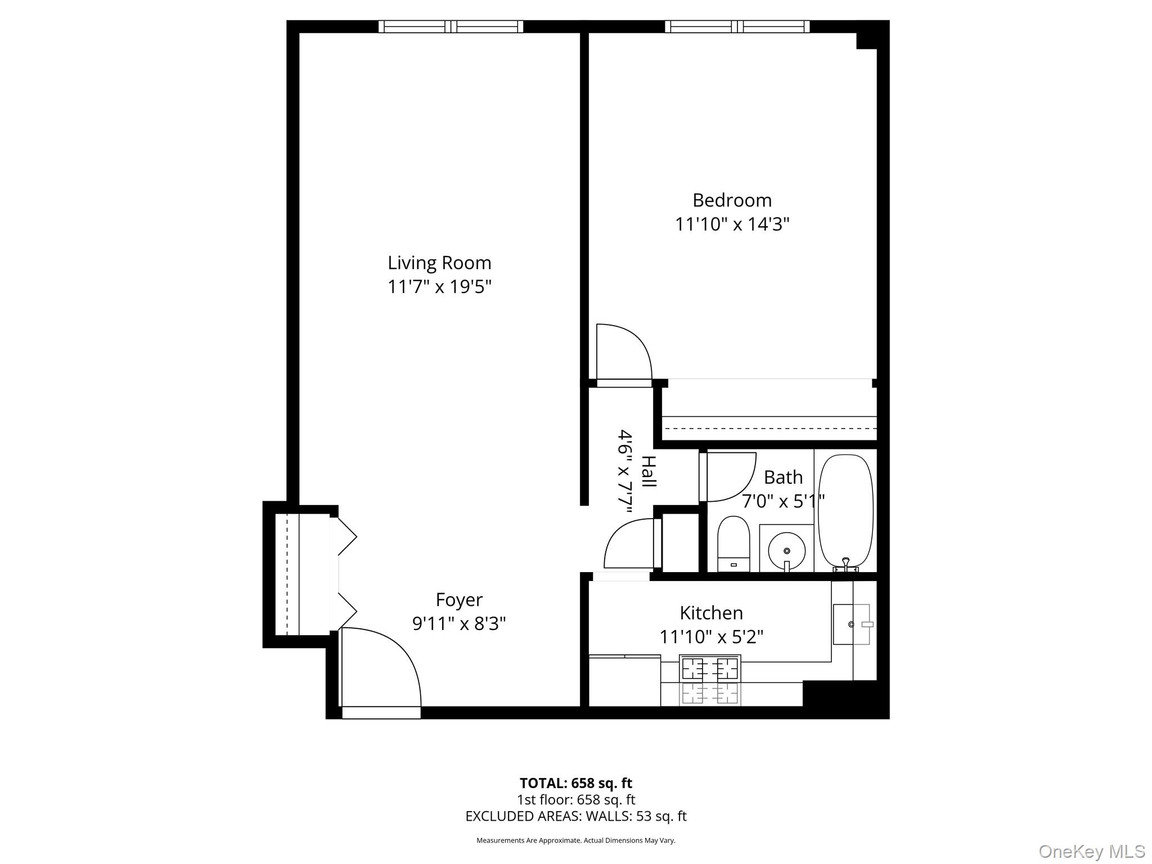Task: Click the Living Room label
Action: (439, 263)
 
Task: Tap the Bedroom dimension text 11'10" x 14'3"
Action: (732, 224)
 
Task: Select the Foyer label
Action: (459, 600)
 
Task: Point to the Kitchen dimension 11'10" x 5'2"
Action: (711, 637)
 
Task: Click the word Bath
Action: (783, 477)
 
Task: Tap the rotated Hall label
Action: (649, 471)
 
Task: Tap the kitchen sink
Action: (851, 624)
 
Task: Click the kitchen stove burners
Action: (710, 669)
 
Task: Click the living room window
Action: (451, 26)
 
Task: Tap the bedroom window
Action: (737, 26)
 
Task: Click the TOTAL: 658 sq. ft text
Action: (575, 783)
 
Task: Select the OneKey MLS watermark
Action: (1091, 851)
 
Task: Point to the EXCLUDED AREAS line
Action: (575, 816)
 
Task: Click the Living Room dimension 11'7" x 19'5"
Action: (439, 287)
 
